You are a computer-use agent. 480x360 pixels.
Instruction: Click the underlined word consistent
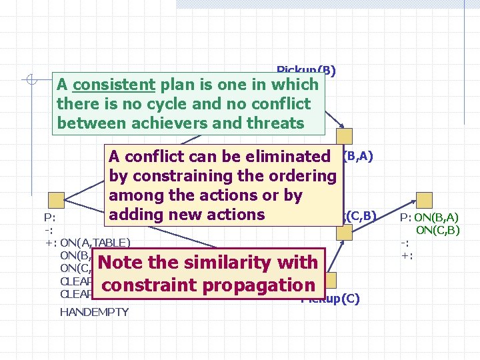click(114, 85)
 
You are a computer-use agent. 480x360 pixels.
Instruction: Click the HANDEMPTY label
click(94, 312)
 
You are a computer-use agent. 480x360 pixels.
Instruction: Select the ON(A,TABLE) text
click(95, 242)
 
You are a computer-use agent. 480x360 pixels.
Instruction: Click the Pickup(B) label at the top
click(306, 70)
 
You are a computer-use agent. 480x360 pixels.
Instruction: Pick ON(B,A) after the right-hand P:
click(436, 217)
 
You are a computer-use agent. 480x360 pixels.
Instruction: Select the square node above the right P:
click(424, 200)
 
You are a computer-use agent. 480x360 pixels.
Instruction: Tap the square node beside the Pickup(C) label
click(329, 280)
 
